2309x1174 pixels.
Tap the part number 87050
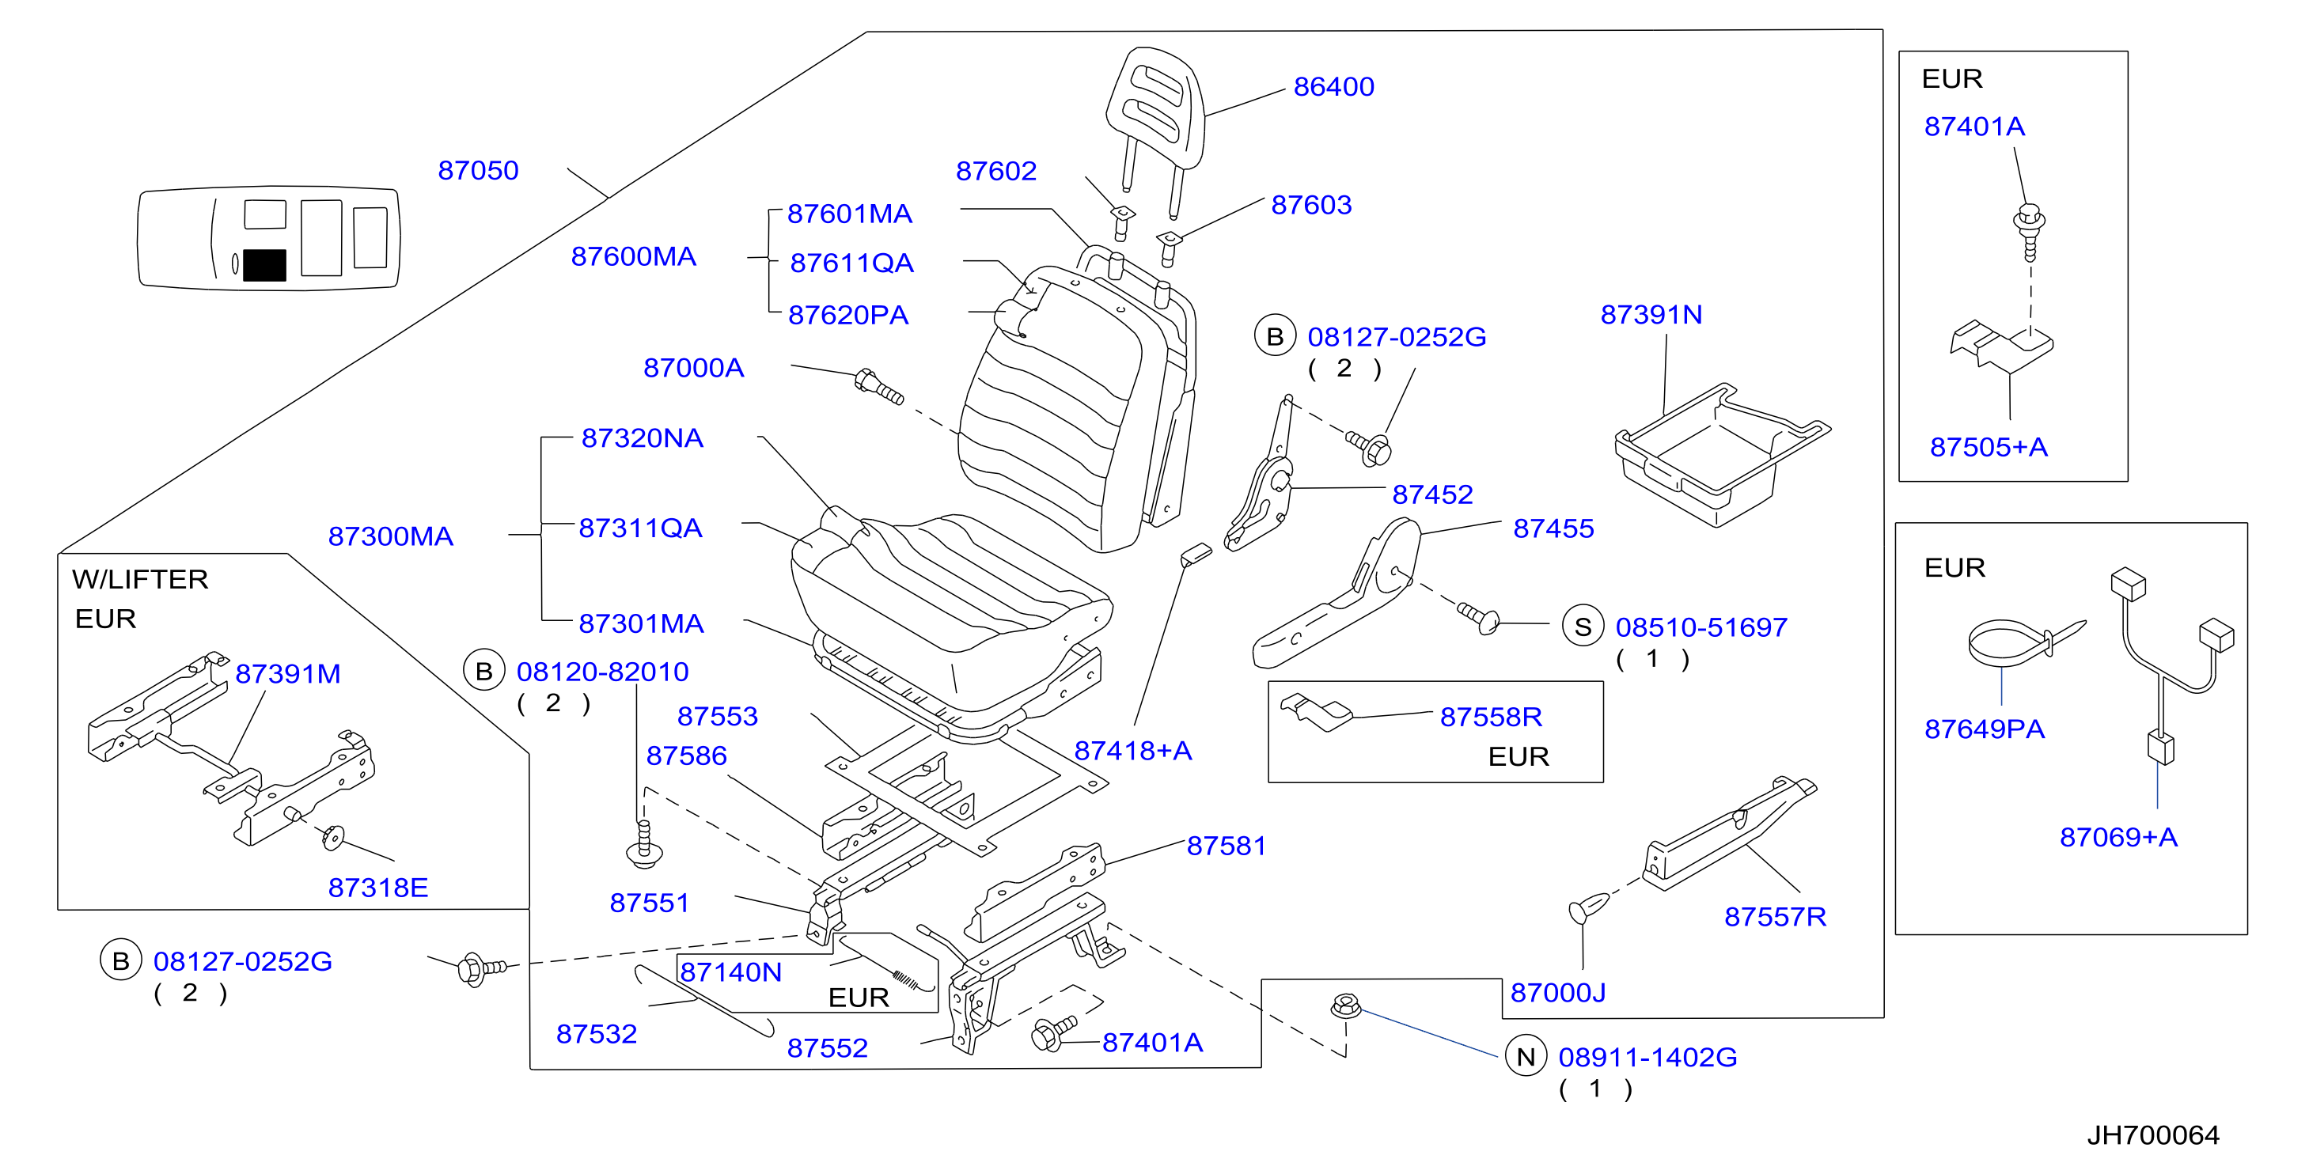tap(478, 170)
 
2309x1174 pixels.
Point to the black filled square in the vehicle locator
tap(264, 265)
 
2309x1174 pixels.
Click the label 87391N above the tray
tap(1651, 315)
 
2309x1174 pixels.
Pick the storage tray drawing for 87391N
tap(1721, 453)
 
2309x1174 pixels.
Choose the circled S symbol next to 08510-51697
tap(1583, 627)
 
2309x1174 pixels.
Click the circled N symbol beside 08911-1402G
tap(1526, 1057)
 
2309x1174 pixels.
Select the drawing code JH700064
tap(2153, 1135)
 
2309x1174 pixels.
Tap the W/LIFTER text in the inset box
tap(140, 579)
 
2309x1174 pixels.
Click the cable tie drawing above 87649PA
tap(2026, 642)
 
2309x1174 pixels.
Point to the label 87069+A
tap(2118, 837)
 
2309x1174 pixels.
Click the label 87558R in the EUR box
tap(1491, 717)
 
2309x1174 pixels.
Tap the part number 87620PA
tap(848, 316)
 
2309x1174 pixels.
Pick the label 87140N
tap(730, 972)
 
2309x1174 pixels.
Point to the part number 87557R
tap(1775, 917)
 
